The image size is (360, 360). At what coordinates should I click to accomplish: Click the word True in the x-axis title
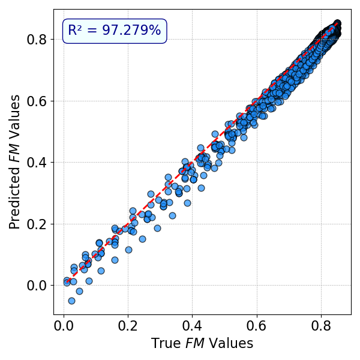coord(164,344)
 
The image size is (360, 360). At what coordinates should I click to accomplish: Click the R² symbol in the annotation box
coord(76,31)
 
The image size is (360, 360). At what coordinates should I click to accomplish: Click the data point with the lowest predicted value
coord(71,301)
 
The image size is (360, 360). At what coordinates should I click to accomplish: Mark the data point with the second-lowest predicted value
coord(79,291)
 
